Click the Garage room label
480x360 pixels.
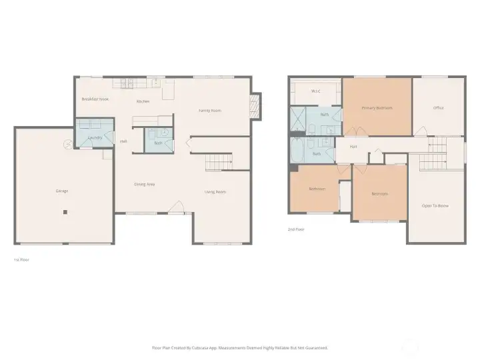point(61,191)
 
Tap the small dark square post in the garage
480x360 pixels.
point(65,213)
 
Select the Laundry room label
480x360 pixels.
point(95,137)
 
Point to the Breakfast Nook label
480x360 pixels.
point(95,99)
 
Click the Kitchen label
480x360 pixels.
point(143,101)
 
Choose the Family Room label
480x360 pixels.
point(210,111)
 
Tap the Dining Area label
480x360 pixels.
point(145,184)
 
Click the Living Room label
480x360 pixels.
point(215,192)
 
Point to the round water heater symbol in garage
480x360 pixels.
point(67,143)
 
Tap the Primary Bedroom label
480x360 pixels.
point(377,108)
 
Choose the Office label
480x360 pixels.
point(438,108)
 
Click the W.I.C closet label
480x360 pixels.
point(316,91)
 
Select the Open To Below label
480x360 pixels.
point(435,206)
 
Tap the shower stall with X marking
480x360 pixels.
point(297,120)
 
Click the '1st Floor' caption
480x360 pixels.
point(21,259)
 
